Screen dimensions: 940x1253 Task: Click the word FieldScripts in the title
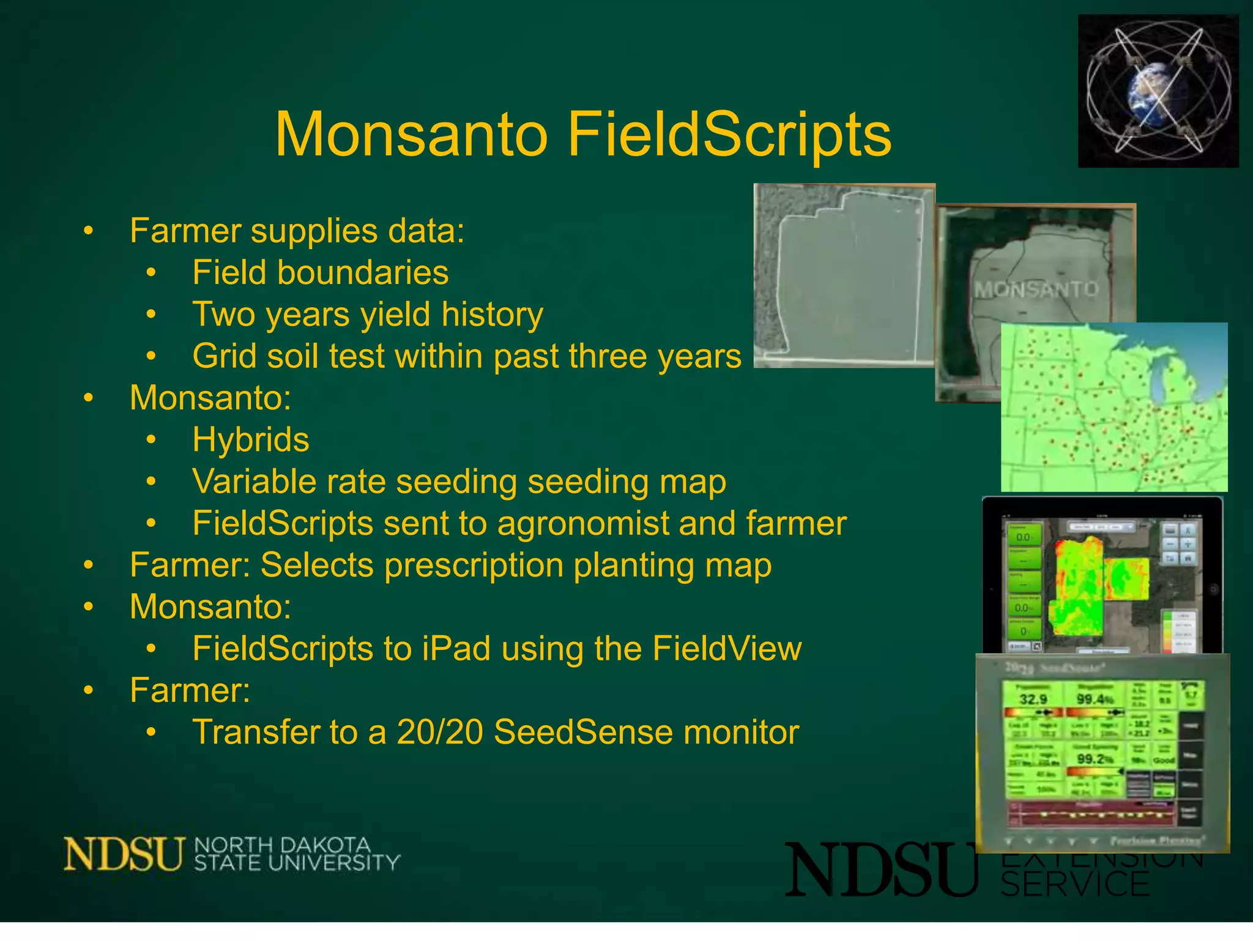(729, 135)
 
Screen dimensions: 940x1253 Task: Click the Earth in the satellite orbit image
(1150, 92)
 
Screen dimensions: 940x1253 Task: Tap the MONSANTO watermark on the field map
(1036, 289)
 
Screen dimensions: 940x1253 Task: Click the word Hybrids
(251, 439)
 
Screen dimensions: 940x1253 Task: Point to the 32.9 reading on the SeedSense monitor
(1033, 699)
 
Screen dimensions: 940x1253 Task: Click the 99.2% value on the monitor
(1094, 759)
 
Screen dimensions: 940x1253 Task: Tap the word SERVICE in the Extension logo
(1076, 884)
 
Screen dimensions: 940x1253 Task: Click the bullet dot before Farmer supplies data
(89, 231)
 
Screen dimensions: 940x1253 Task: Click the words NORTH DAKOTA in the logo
(282, 845)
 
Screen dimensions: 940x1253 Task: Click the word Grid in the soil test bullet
(226, 356)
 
